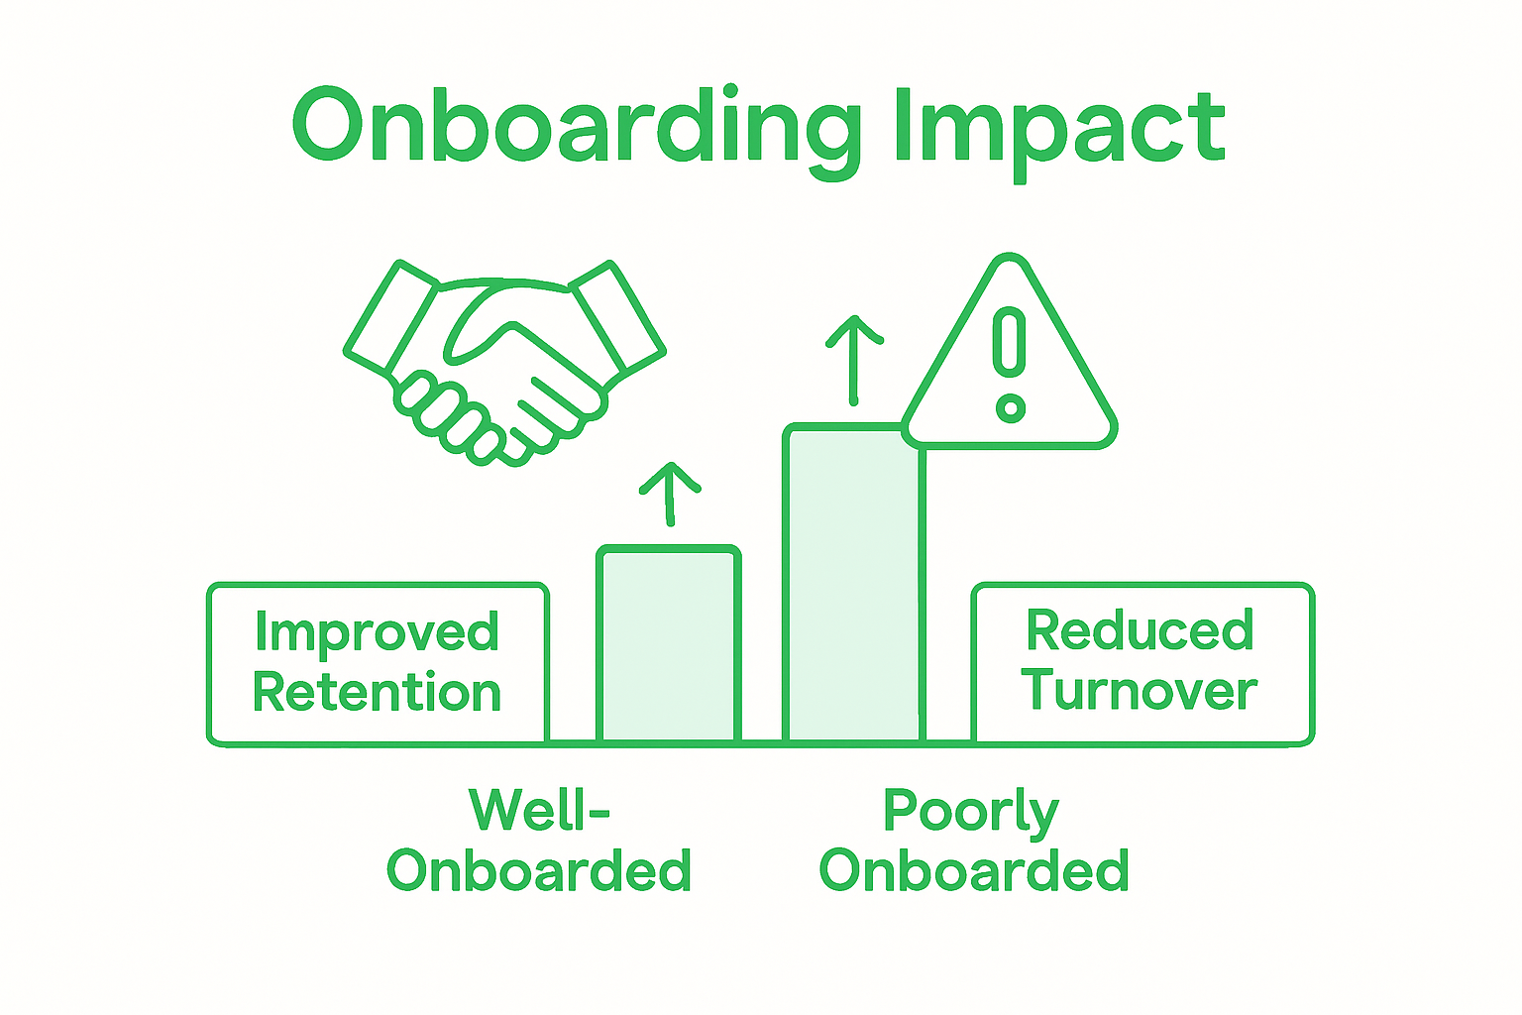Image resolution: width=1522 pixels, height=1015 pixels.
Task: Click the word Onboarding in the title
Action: click(575, 127)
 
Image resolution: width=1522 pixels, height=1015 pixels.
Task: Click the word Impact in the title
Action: click(1058, 127)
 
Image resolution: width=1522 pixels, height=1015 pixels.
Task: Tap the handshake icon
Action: click(503, 362)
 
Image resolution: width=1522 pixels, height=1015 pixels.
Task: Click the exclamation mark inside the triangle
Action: click(1010, 342)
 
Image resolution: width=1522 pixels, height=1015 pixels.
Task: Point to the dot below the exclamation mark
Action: click(1010, 407)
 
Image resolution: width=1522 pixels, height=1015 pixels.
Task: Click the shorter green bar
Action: click(669, 644)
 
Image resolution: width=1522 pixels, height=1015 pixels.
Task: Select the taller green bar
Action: click(853, 585)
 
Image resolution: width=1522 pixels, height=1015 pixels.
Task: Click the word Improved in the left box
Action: click(377, 632)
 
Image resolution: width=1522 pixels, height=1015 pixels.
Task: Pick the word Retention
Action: click(377, 692)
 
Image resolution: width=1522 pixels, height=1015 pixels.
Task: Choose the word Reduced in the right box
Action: click(1140, 630)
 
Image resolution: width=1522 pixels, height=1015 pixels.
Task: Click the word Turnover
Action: click(1140, 690)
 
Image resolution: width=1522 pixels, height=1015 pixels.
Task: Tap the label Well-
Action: click(538, 810)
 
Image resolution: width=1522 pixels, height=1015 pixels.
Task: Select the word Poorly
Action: click(971, 812)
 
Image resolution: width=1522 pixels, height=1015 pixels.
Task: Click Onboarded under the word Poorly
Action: click(974, 870)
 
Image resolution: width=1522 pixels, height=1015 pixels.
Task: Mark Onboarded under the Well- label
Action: click(538, 870)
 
